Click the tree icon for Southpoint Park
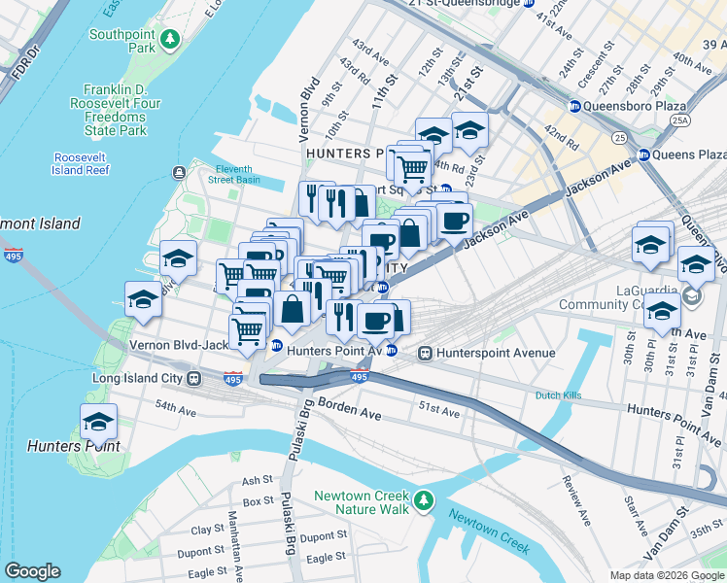(171, 39)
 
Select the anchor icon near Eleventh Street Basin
(180, 173)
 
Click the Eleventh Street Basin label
(238, 173)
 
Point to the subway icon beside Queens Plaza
(642, 154)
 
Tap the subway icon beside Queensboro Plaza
(574, 106)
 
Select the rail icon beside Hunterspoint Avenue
(425, 354)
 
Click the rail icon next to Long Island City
(193, 377)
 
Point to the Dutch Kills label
(561, 395)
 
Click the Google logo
(32, 571)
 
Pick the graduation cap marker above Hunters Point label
(98, 423)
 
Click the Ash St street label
(258, 480)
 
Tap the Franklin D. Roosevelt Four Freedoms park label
(129, 109)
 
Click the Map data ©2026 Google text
(667, 575)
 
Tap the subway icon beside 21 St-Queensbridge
(529, 4)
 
